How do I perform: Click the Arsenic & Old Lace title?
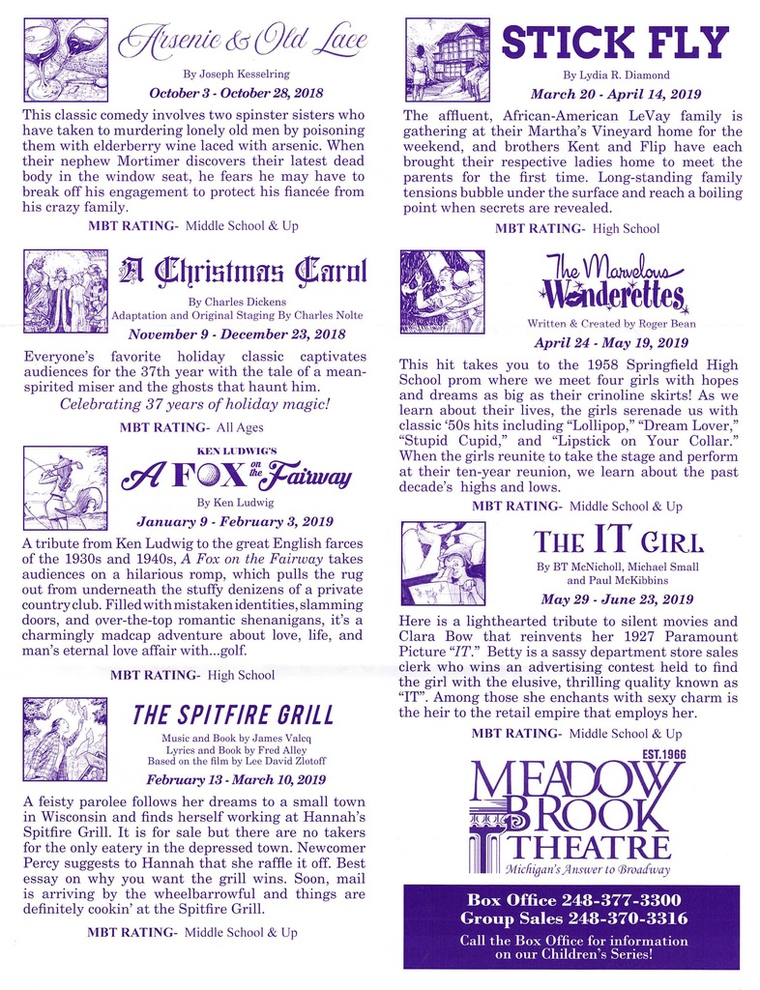(x=242, y=40)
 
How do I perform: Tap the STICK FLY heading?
(x=614, y=43)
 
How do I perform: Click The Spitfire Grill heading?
(x=233, y=715)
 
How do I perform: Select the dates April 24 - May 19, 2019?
(x=610, y=342)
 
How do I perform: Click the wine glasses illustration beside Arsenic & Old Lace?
(x=66, y=60)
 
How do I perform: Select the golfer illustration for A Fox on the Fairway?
(x=65, y=487)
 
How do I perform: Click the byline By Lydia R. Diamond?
(x=610, y=74)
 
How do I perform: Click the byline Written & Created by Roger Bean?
(x=610, y=323)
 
